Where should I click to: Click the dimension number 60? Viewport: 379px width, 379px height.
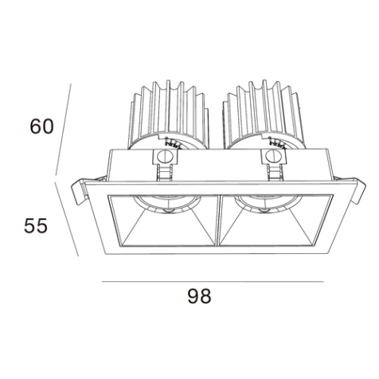click(42, 126)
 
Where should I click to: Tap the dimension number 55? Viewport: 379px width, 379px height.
click(36, 225)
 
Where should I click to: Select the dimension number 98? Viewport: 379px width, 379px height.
click(200, 296)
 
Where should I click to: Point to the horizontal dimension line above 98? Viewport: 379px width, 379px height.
click(213, 281)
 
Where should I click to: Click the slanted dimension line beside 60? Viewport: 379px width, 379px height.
click(63, 130)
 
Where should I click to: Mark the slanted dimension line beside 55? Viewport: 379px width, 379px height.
click(67, 219)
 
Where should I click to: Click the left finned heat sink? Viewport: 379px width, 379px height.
click(168, 114)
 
